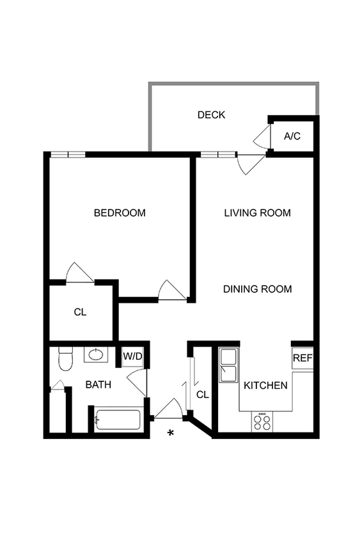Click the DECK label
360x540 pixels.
pyautogui.click(x=211, y=115)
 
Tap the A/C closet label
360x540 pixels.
pyautogui.click(x=292, y=136)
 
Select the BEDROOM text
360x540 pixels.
pyautogui.click(x=120, y=213)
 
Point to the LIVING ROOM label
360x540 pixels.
pyautogui.click(x=258, y=213)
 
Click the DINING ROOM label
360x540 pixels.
pyautogui.click(x=257, y=289)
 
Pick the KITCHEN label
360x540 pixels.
pyautogui.click(x=265, y=386)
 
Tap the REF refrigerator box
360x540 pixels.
pyautogui.click(x=302, y=359)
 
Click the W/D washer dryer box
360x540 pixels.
pyautogui.click(x=132, y=356)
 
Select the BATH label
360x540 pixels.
pyautogui.click(x=99, y=385)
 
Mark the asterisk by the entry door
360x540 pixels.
pyautogui.click(x=171, y=434)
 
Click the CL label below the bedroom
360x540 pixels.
pyautogui.click(x=80, y=312)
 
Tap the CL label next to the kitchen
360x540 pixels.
pyautogui.click(x=202, y=395)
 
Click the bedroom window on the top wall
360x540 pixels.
pyautogui.click(x=68, y=154)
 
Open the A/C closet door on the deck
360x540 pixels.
pyautogui.click(x=262, y=136)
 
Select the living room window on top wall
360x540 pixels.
pyautogui.click(x=217, y=154)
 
